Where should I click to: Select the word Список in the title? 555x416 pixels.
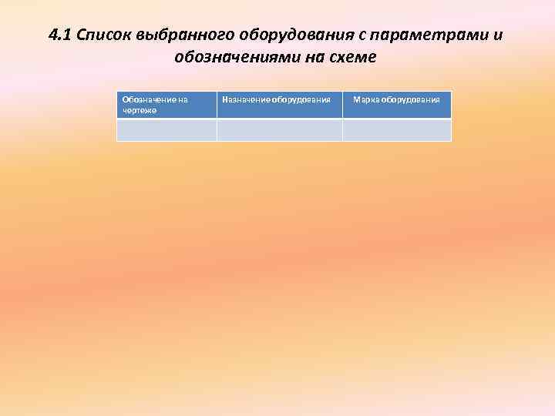tap(103, 35)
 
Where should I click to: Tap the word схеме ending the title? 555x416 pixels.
tap(357, 57)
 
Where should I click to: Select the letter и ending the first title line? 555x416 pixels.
tap(496, 35)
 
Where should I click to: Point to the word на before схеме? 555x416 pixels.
tap(318, 57)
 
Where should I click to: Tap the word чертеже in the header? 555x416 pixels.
tap(140, 110)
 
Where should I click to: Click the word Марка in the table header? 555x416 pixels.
tap(365, 99)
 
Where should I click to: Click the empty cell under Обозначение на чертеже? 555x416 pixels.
tap(166, 130)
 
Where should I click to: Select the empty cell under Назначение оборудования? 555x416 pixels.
tap(279, 130)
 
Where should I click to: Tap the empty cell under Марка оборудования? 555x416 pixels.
tap(396, 130)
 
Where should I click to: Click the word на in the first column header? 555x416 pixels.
tap(182, 99)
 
